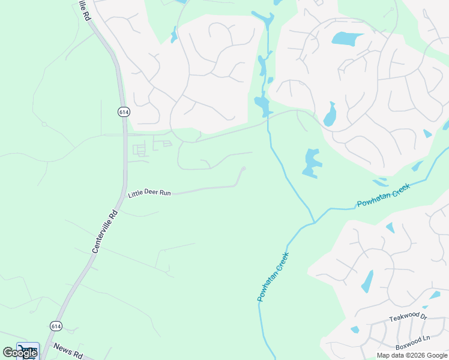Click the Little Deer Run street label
point(149,193)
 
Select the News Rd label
point(67,350)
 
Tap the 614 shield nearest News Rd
point(56,326)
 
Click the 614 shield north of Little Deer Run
point(124,112)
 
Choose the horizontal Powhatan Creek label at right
point(383,196)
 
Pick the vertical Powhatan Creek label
point(273,277)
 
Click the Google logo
point(20,353)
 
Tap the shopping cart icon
point(27,349)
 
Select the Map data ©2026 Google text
point(411,355)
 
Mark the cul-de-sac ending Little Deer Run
point(243,169)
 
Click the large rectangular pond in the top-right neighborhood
point(347,39)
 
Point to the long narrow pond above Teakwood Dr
point(367,281)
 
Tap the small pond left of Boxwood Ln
point(355,329)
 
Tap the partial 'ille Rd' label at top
point(83,10)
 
